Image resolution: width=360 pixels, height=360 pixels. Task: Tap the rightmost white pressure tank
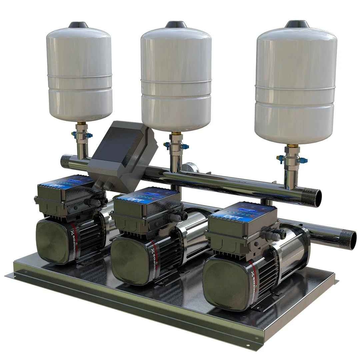point(296,87)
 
